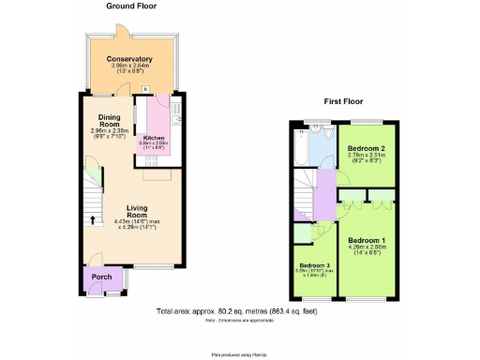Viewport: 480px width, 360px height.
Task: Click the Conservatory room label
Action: [x=129, y=58]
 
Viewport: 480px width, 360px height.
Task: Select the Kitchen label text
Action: [x=153, y=137]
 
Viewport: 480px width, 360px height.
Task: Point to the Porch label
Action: [x=101, y=277]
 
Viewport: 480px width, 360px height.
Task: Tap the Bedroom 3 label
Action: [x=315, y=266]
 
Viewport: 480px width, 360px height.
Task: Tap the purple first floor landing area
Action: [x=323, y=202]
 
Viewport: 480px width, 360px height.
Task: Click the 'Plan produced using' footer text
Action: [x=239, y=354]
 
